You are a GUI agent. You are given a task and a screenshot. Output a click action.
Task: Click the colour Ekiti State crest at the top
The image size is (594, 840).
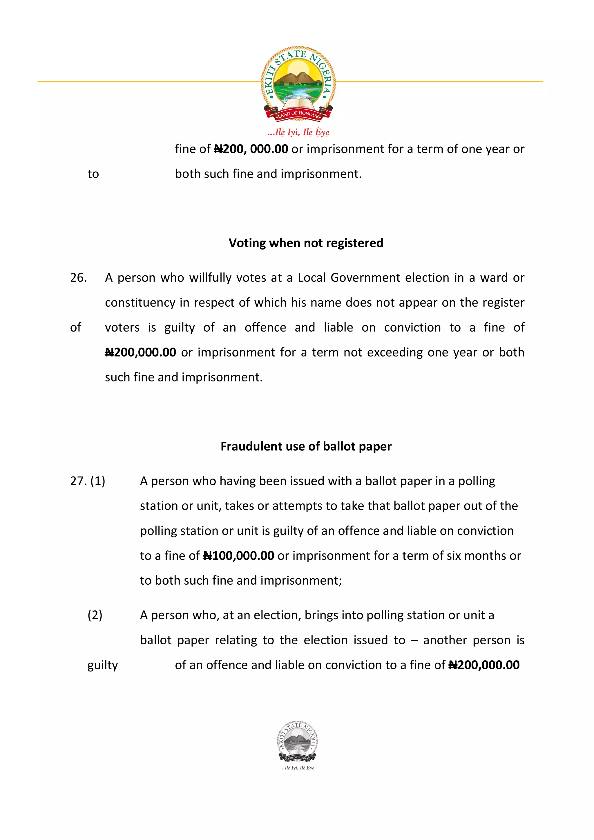(x=298, y=83)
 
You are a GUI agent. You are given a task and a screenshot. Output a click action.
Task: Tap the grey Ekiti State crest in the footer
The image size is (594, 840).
(x=297, y=742)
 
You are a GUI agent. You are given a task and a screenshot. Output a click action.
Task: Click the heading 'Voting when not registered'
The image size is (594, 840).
(x=306, y=243)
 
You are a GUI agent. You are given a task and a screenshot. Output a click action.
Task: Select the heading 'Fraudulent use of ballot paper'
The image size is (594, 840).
(x=306, y=446)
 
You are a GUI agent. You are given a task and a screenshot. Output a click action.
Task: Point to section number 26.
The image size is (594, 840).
(x=78, y=278)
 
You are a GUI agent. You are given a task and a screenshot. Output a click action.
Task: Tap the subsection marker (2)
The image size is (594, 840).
(x=95, y=615)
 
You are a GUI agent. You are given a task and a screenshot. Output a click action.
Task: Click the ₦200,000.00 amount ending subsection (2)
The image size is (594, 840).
(x=484, y=665)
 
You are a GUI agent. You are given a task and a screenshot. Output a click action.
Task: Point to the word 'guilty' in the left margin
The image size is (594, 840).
(x=102, y=666)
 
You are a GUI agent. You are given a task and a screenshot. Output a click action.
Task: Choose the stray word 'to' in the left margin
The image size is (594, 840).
(x=93, y=174)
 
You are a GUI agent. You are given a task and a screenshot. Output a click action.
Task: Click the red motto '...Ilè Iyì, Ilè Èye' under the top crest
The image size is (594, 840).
(x=298, y=132)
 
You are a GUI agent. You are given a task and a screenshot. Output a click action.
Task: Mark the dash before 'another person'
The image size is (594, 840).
(x=414, y=640)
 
